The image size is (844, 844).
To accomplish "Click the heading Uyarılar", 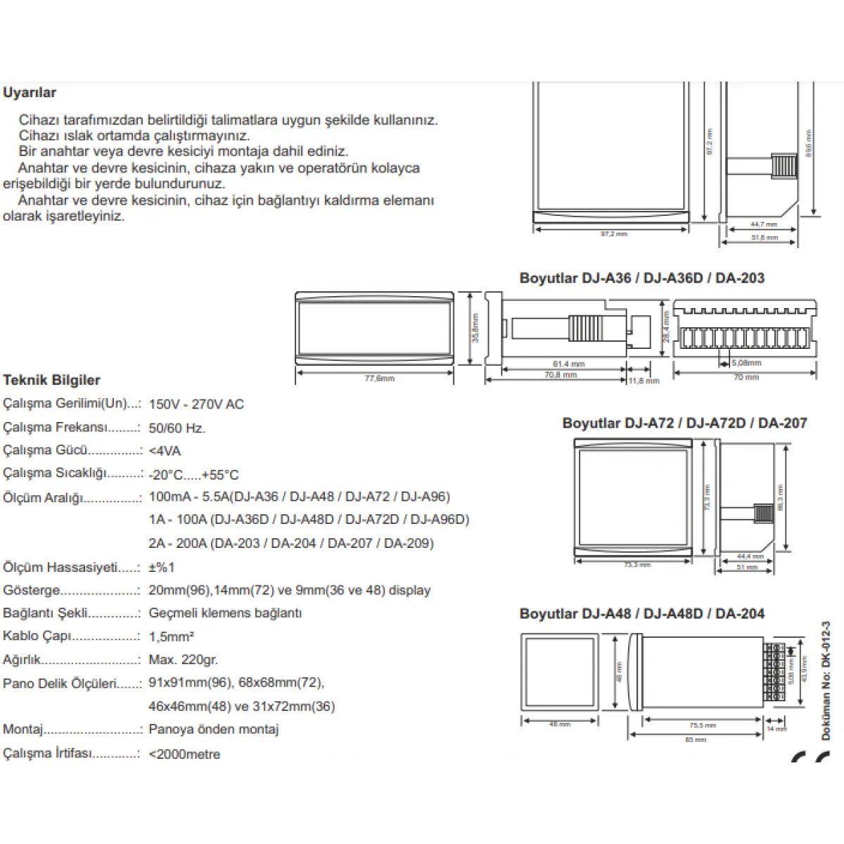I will [30, 93].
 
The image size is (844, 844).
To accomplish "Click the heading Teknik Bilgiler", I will [52, 381].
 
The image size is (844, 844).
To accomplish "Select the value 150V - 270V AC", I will [196, 404].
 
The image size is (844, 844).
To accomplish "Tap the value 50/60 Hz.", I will [177, 428].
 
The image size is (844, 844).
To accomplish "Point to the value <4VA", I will [165, 451].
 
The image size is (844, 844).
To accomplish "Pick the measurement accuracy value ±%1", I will [162, 567].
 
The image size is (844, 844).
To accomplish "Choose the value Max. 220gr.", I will [184, 660].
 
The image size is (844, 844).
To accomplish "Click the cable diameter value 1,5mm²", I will [172, 637].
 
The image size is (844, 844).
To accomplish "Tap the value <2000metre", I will [184, 754].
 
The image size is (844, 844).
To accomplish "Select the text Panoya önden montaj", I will [214, 729].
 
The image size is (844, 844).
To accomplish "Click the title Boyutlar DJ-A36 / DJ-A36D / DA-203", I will [642, 278].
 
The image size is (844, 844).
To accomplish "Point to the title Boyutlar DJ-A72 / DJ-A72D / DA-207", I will [684, 423].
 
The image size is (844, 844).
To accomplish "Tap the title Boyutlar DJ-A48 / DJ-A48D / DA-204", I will [642, 613].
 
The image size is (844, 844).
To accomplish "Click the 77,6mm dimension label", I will [380, 378].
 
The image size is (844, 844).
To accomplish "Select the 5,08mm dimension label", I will [746, 363].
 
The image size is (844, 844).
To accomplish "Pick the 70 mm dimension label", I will [746, 378].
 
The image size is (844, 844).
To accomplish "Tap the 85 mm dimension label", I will [696, 740].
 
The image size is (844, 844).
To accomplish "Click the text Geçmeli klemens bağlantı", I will [225, 613].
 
